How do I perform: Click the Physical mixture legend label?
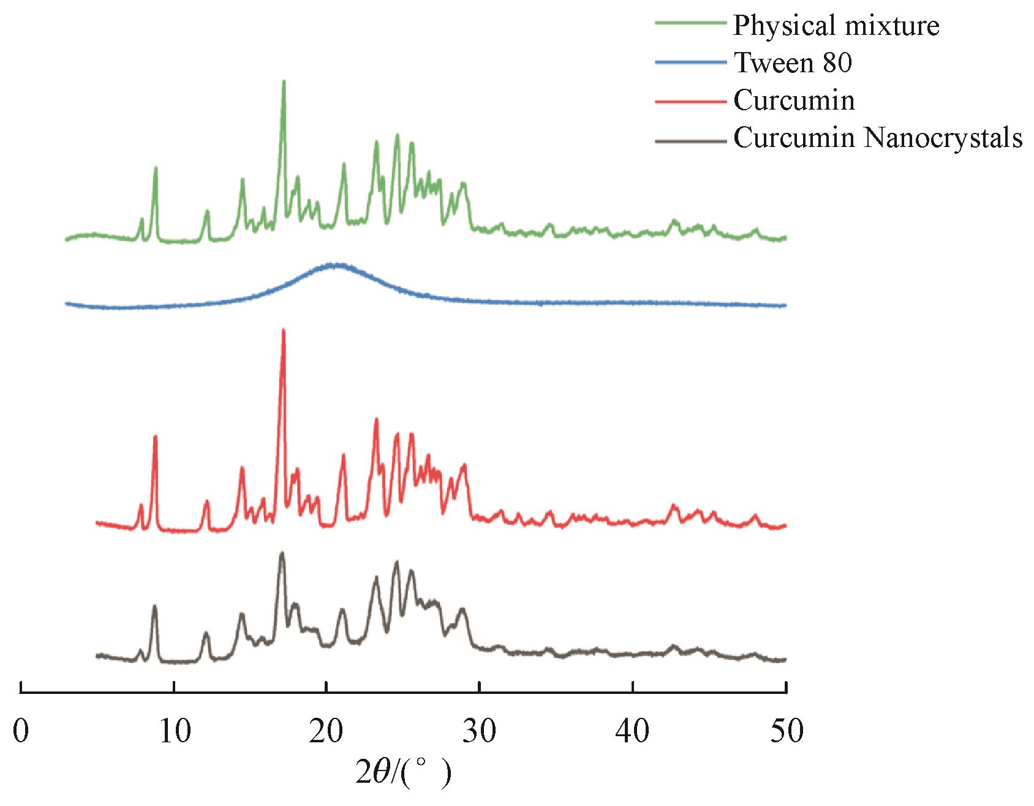coord(836,26)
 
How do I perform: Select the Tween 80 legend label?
coord(793,62)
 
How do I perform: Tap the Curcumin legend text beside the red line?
coord(794,100)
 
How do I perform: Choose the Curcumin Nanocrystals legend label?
coord(878,138)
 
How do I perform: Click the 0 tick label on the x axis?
coord(21,733)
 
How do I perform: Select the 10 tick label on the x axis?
coord(174,733)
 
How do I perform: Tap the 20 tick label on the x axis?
coord(327,733)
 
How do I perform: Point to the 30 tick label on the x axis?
coord(480,733)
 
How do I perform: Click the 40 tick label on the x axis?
coord(633,733)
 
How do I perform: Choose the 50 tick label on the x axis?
coord(786,733)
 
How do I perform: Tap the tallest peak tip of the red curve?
coord(283,331)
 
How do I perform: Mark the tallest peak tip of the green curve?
coord(284,81)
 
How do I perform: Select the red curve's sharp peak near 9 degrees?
coord(155,437)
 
